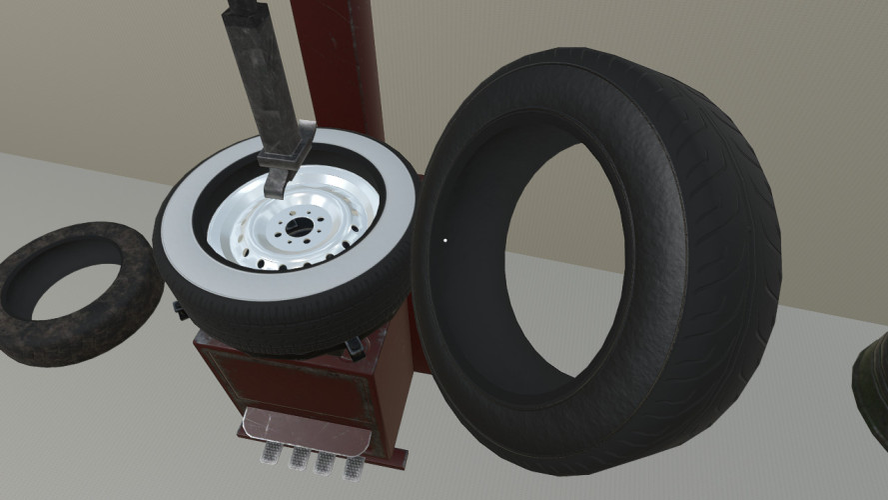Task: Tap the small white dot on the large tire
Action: pos(444,239)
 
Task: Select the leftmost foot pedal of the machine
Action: pos(270,455)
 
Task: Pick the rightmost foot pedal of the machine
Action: pos(352,466)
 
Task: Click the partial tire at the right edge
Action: pos(871,390)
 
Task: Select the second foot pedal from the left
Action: pos(298,459)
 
